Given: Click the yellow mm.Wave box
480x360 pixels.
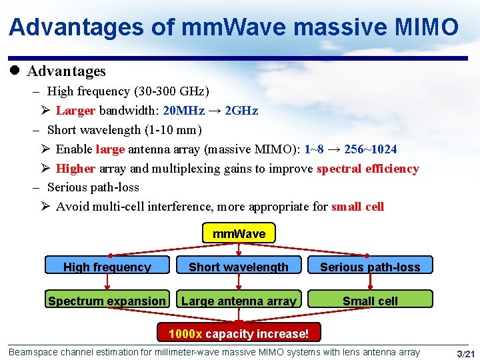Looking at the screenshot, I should click(239, 233).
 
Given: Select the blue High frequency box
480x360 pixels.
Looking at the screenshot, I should click(107, 266).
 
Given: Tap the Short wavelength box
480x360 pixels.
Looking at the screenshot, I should click(239, 266).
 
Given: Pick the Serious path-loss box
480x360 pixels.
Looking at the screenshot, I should click(370, 266).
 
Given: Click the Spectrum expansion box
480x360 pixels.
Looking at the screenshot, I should click(107, 300).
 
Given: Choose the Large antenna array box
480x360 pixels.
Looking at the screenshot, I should click(239, 300).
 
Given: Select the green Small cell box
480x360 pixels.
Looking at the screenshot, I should click(370, 300).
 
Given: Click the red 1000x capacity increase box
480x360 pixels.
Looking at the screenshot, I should click(238, 333).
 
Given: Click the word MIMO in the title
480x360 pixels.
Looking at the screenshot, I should click(425, 27).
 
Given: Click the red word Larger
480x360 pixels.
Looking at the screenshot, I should click(76, 110).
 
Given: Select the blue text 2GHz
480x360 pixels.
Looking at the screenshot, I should click(242, 110).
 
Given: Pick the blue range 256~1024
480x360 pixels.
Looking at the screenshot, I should click(370, 149).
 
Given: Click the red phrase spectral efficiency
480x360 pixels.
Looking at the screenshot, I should click(367, 168).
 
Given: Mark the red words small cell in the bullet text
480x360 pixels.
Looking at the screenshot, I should click(357, 207).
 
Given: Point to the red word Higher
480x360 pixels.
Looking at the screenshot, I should click(75, 168).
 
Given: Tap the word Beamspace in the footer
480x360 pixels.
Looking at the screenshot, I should click(34, 352).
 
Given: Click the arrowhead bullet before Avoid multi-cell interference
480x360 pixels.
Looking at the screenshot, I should click(45, 207).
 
